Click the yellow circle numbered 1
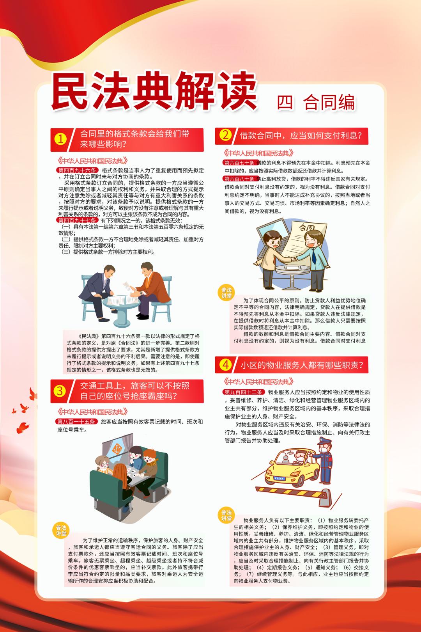pyautogui.click(x=60, y=140)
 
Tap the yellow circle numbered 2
pyautogui.click(x=225, y=135)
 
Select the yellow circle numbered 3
pyautogui.click(x=60, y=391)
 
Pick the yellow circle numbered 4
pyautogui.click(x=225, y=365)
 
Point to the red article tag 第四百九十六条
pyautogui.click(x=77, y=170)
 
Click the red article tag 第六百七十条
pyautogui.click(x=239, y=163)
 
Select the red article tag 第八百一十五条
pyautogui.click(x=76, y=421)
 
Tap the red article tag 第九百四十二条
pyautogui.click(x=244, y=392)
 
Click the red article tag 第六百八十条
pyautogui.click(x=239, y=179)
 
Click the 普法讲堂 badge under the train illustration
pyautogui.click(x=61, y=531)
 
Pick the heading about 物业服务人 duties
pyautogui.click(x=302, y=365)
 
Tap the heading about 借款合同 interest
pyautogui.click(x=301, y=135)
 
